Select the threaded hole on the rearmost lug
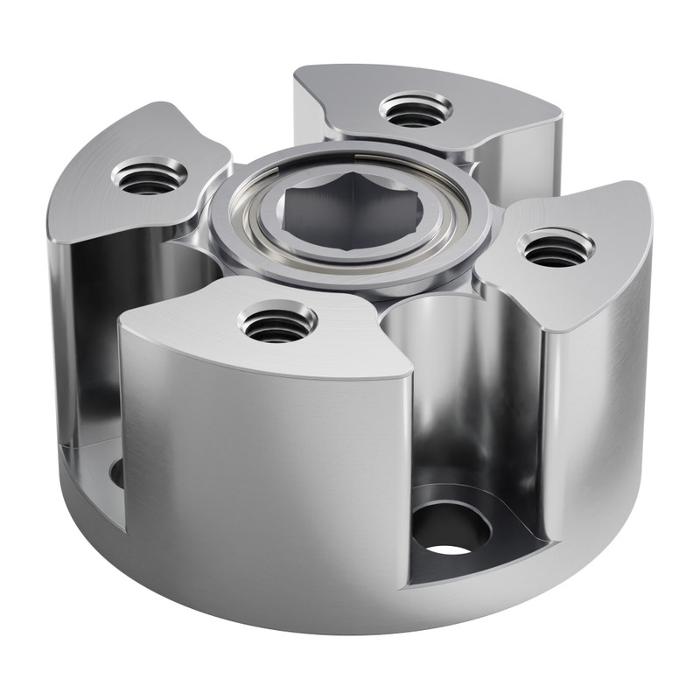point(415,110)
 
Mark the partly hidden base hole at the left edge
point(117,472)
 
